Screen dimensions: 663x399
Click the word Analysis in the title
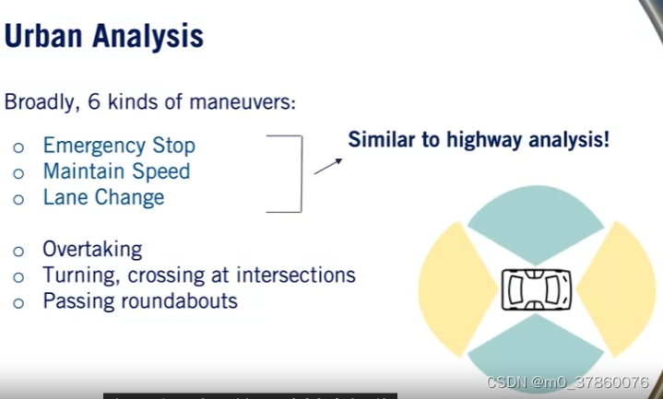click(x=145, y=37)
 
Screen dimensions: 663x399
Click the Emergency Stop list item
click(x=119, y=146)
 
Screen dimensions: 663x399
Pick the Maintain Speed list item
click(x=116, y=171)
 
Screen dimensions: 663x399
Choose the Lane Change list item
click(x=103, y=197)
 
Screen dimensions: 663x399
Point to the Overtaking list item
click(x=92, y=249)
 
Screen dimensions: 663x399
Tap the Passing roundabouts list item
click(x=139, y=300)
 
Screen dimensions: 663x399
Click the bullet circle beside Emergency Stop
click(x=18, y=147)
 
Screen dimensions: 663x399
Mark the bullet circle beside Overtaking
click(x=18, y=251)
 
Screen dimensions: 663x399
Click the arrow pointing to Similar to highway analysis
click(x=327, y=166)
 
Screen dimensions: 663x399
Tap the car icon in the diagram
click(x=536, y=289)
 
